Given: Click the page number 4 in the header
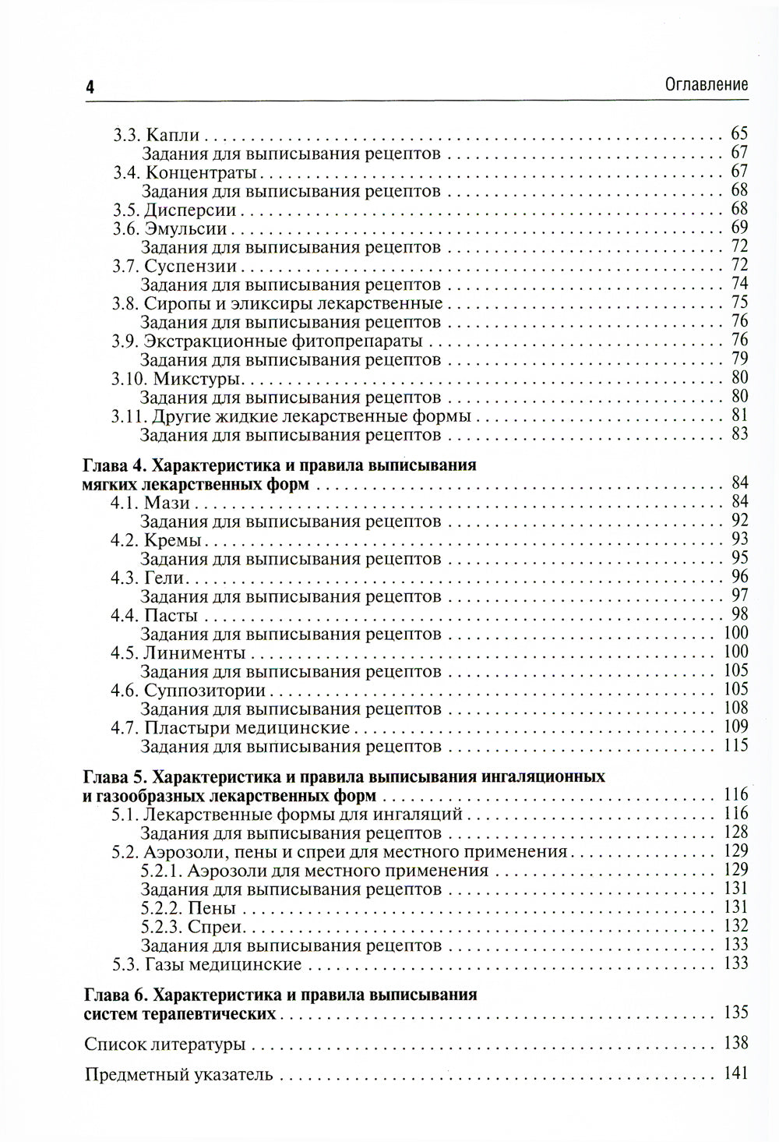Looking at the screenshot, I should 90,87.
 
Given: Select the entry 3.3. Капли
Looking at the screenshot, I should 156,134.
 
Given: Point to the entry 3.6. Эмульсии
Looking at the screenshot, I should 169,228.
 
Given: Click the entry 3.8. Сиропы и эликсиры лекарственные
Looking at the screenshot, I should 277,303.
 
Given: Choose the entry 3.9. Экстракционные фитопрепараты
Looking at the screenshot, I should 267,341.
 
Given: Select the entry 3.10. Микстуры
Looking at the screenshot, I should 178,379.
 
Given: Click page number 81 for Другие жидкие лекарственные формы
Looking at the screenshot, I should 739,415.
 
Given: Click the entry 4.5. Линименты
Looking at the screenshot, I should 178,652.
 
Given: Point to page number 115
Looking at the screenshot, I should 735,746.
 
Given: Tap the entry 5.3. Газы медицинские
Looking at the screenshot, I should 206,965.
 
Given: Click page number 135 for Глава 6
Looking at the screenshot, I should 735,1013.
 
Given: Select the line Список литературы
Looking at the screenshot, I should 165,1044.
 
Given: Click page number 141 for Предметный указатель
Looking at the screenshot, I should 735,1074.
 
